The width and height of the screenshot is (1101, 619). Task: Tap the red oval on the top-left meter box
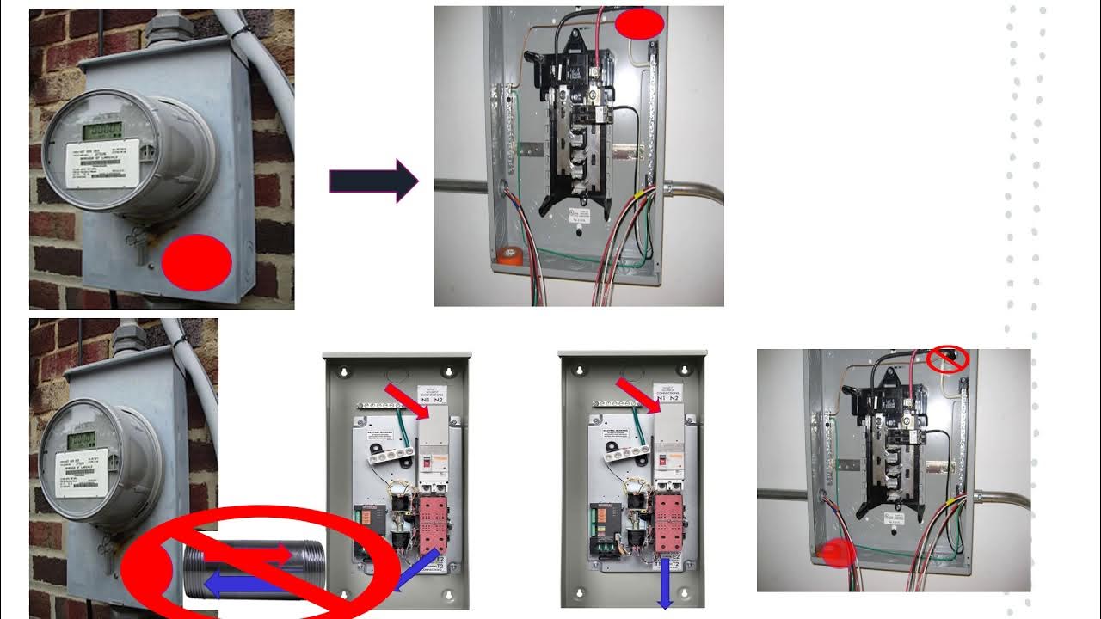pyautogui.click(x=197, y=261)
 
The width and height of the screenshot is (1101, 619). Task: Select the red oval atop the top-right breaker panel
pyautogui.click(x=639, y=24)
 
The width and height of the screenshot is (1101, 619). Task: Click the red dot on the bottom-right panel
pyautogui.click(x=836, y=554)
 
